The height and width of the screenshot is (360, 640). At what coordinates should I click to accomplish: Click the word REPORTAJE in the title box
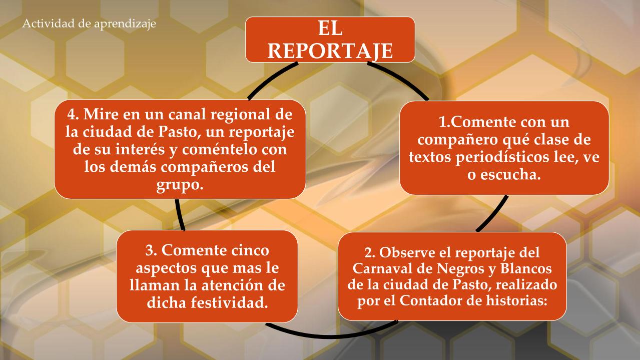[330, 51]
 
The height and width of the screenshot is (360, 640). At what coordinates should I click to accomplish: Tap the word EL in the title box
[330, 29]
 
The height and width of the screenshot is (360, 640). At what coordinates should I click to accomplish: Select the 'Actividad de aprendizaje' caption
[89, 24]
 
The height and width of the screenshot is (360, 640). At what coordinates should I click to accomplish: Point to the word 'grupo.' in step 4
[180, 186]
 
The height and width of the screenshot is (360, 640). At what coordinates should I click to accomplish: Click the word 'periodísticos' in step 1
[502, 158]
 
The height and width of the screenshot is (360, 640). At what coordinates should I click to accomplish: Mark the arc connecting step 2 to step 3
[331, 333]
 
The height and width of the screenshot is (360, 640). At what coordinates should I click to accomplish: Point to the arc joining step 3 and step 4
[179, 215]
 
